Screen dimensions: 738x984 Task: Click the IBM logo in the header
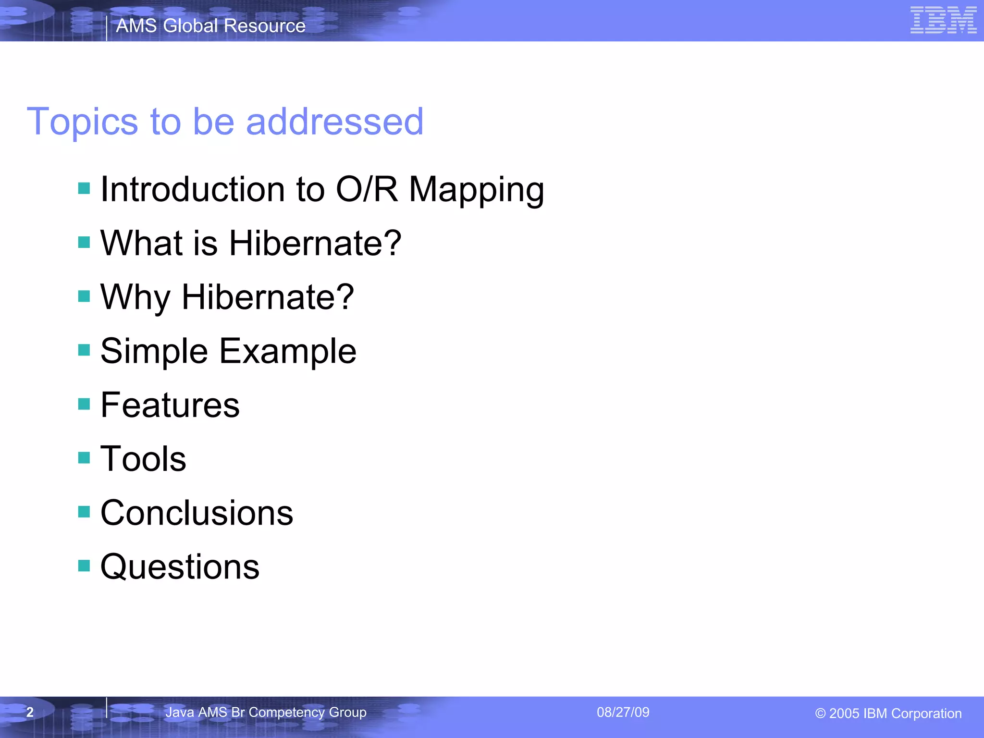[943, 20]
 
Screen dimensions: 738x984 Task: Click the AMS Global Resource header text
[210, 25]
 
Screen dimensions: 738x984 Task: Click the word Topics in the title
[82, 122]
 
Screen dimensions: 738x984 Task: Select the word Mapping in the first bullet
[476, 190]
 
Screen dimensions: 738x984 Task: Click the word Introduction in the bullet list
[192, 189]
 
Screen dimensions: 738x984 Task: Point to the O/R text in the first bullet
[366, 189]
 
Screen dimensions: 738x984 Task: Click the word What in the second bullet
[141, 243]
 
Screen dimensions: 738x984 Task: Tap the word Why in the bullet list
[135, 298]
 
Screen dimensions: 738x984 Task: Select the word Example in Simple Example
[287, 352]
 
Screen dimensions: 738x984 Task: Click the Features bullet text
[170, 405]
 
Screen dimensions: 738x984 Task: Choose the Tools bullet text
[143, 459]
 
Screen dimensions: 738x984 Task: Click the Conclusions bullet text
[197, 513]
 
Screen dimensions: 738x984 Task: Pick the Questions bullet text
[180, 567]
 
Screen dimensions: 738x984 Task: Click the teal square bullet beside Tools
[84, 457]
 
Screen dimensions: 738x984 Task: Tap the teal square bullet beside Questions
[84, 566]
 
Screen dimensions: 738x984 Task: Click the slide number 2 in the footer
[30, 712]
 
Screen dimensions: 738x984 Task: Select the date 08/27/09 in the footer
[623, 712]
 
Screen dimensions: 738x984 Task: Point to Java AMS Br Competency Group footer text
[266, 712]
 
